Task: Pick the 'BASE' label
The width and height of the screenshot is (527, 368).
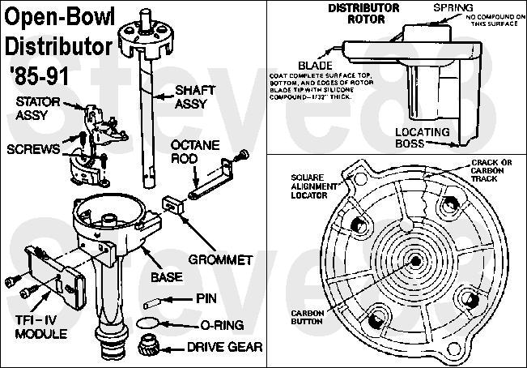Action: point(166,277)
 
